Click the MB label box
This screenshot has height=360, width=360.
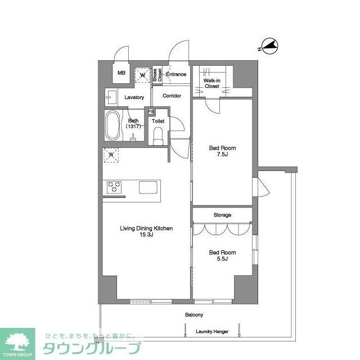tap(121, 73)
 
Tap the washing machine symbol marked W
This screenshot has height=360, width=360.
tap(142, 74)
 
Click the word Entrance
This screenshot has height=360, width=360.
tap(176, 74)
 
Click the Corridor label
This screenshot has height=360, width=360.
tap(172, 96)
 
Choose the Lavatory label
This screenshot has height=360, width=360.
tap(134, 97)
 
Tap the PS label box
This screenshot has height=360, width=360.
tap(150, 111)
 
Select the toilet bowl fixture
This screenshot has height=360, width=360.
tap(158, 134)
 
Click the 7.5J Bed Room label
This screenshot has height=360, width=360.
tap(222, 151)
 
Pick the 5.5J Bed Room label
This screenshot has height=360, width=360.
tap(222, 256)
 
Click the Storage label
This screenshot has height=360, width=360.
tap(222, 215)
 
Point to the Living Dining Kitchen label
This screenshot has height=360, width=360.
tap(146, 231)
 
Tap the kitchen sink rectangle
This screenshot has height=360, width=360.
tap(148, 187)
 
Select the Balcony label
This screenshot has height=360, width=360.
tap(194, 315)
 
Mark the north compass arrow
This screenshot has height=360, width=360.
tap(270, 46)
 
